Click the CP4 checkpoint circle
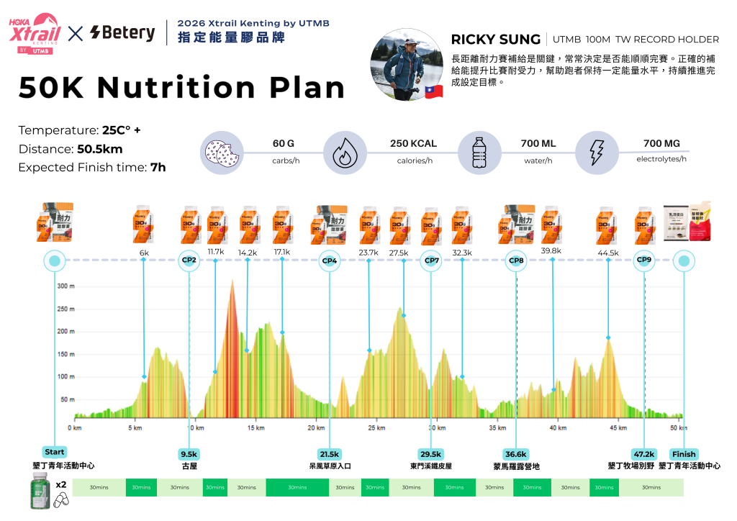coord(329,260)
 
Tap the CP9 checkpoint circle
coord(643,260)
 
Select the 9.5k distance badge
coord(189,454)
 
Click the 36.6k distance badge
coord(515,454)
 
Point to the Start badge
coord(55,453)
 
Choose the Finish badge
coord(684,454)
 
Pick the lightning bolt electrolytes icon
coord(596,153)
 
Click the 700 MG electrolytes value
coord(661,143)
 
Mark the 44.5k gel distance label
coord(608,253)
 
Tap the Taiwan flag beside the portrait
coord(433,91)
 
